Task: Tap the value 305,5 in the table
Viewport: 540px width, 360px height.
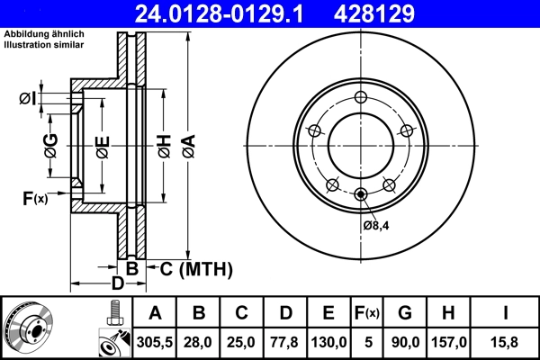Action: coord(155,342)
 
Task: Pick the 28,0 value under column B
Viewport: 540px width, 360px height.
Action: coord(198,342)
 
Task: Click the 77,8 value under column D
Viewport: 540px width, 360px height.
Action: coord(286,342)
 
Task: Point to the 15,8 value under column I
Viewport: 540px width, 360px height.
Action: coord(507,342)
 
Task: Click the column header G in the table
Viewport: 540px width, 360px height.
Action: coord(404,313)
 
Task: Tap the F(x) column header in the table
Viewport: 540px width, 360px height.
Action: coord(367,313)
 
